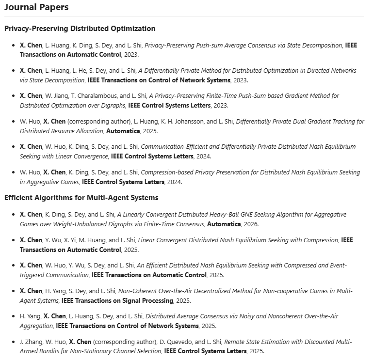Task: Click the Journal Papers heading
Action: (36, 7)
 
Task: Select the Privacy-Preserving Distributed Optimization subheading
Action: (80, 29)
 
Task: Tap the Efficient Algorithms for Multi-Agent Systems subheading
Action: (81, 197)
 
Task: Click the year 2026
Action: (250, 224)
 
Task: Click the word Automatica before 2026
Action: (224, 224)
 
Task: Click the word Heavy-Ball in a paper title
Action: (224, 214)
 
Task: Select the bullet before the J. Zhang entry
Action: (14, 342)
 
